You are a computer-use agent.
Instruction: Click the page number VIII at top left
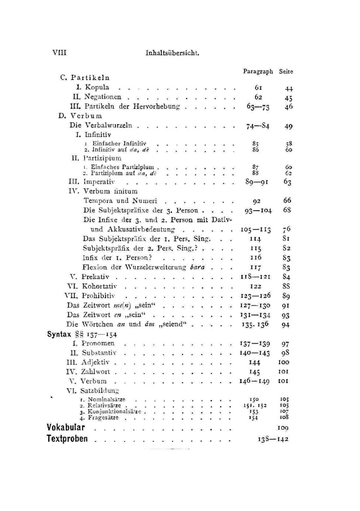pyautogui.click(x=59, y=53)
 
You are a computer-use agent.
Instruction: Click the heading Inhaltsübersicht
pyautogui.click(x=172, y=53)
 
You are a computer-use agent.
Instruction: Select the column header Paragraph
pyautogui.click(x=258, y=71)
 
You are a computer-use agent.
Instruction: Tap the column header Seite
pyautogui.click(x=286, y=71)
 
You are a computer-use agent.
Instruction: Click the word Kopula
pyautogui.click(x=97, y=87)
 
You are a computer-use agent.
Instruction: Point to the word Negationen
pyautogui.click(x=103, y=97)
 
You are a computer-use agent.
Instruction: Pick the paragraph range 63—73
pyautogui.click(x=258, y=107)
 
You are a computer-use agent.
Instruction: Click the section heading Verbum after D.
pyautogui.click(x=86, y=116)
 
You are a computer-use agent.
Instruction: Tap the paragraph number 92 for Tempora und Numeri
pyautogui.click(x=257, y=201)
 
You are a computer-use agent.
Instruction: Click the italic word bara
pyautogui.click(x=197, y=267)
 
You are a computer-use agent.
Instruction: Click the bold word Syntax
pyautogui.click(x=59, y=334)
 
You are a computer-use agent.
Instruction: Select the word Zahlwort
pyautogui.click(x=95, y=372)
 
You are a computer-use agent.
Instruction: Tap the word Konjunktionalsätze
pyautogui.click(x=114, y=412)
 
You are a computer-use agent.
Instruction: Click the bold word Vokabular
pyautogui.click(x=66, y=428)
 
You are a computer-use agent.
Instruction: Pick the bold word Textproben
pyautogui.click(x=67, y=439)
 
